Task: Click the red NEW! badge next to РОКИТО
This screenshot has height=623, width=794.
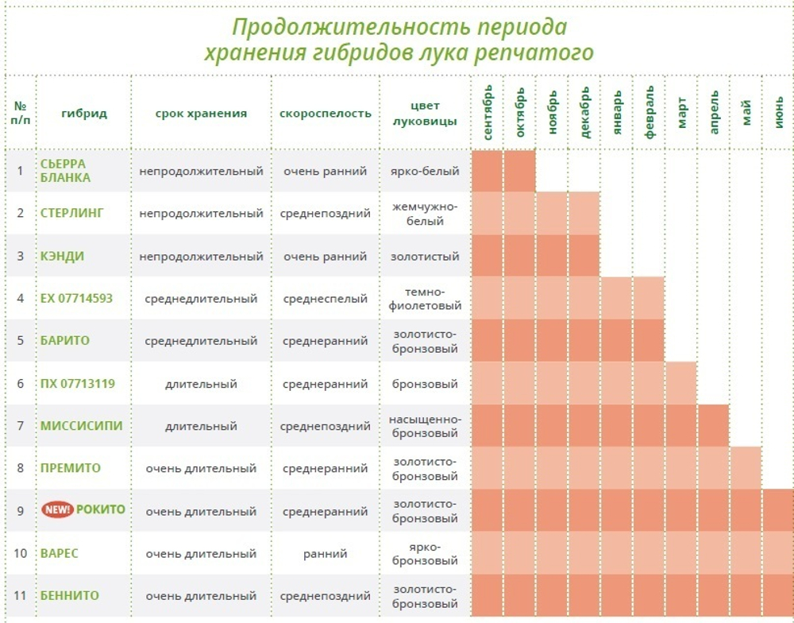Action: click(58, 509)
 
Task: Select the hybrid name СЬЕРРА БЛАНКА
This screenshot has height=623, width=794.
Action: click(65, 171)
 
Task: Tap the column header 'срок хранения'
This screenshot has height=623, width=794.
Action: click(201, 113)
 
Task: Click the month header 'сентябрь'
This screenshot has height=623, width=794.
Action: click(488, 113)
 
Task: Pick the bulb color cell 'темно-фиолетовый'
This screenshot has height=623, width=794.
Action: click(425, 299)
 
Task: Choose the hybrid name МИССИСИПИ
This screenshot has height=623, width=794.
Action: click(82, 426)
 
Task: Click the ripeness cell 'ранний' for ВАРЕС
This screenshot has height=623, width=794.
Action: click(325, 553)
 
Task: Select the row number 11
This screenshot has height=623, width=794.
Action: click(20, 595)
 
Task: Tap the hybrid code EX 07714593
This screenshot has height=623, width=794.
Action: click(76, 299)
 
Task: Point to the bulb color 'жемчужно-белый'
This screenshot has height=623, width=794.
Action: click(425, 214)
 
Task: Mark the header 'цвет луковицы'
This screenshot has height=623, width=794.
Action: click(425, 113)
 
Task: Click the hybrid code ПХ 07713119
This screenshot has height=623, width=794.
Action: click(78, 384)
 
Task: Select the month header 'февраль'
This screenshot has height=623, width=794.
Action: click(649, 113)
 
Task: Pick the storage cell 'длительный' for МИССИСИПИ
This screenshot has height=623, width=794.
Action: click(201, 426)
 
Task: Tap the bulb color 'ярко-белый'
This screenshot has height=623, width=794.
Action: click(425, 171)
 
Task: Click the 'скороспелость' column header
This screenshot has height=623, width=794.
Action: click(325, 113)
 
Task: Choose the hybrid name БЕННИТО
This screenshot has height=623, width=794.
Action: click(70, 595)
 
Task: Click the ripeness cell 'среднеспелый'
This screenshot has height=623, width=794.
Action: click(325, 299)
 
